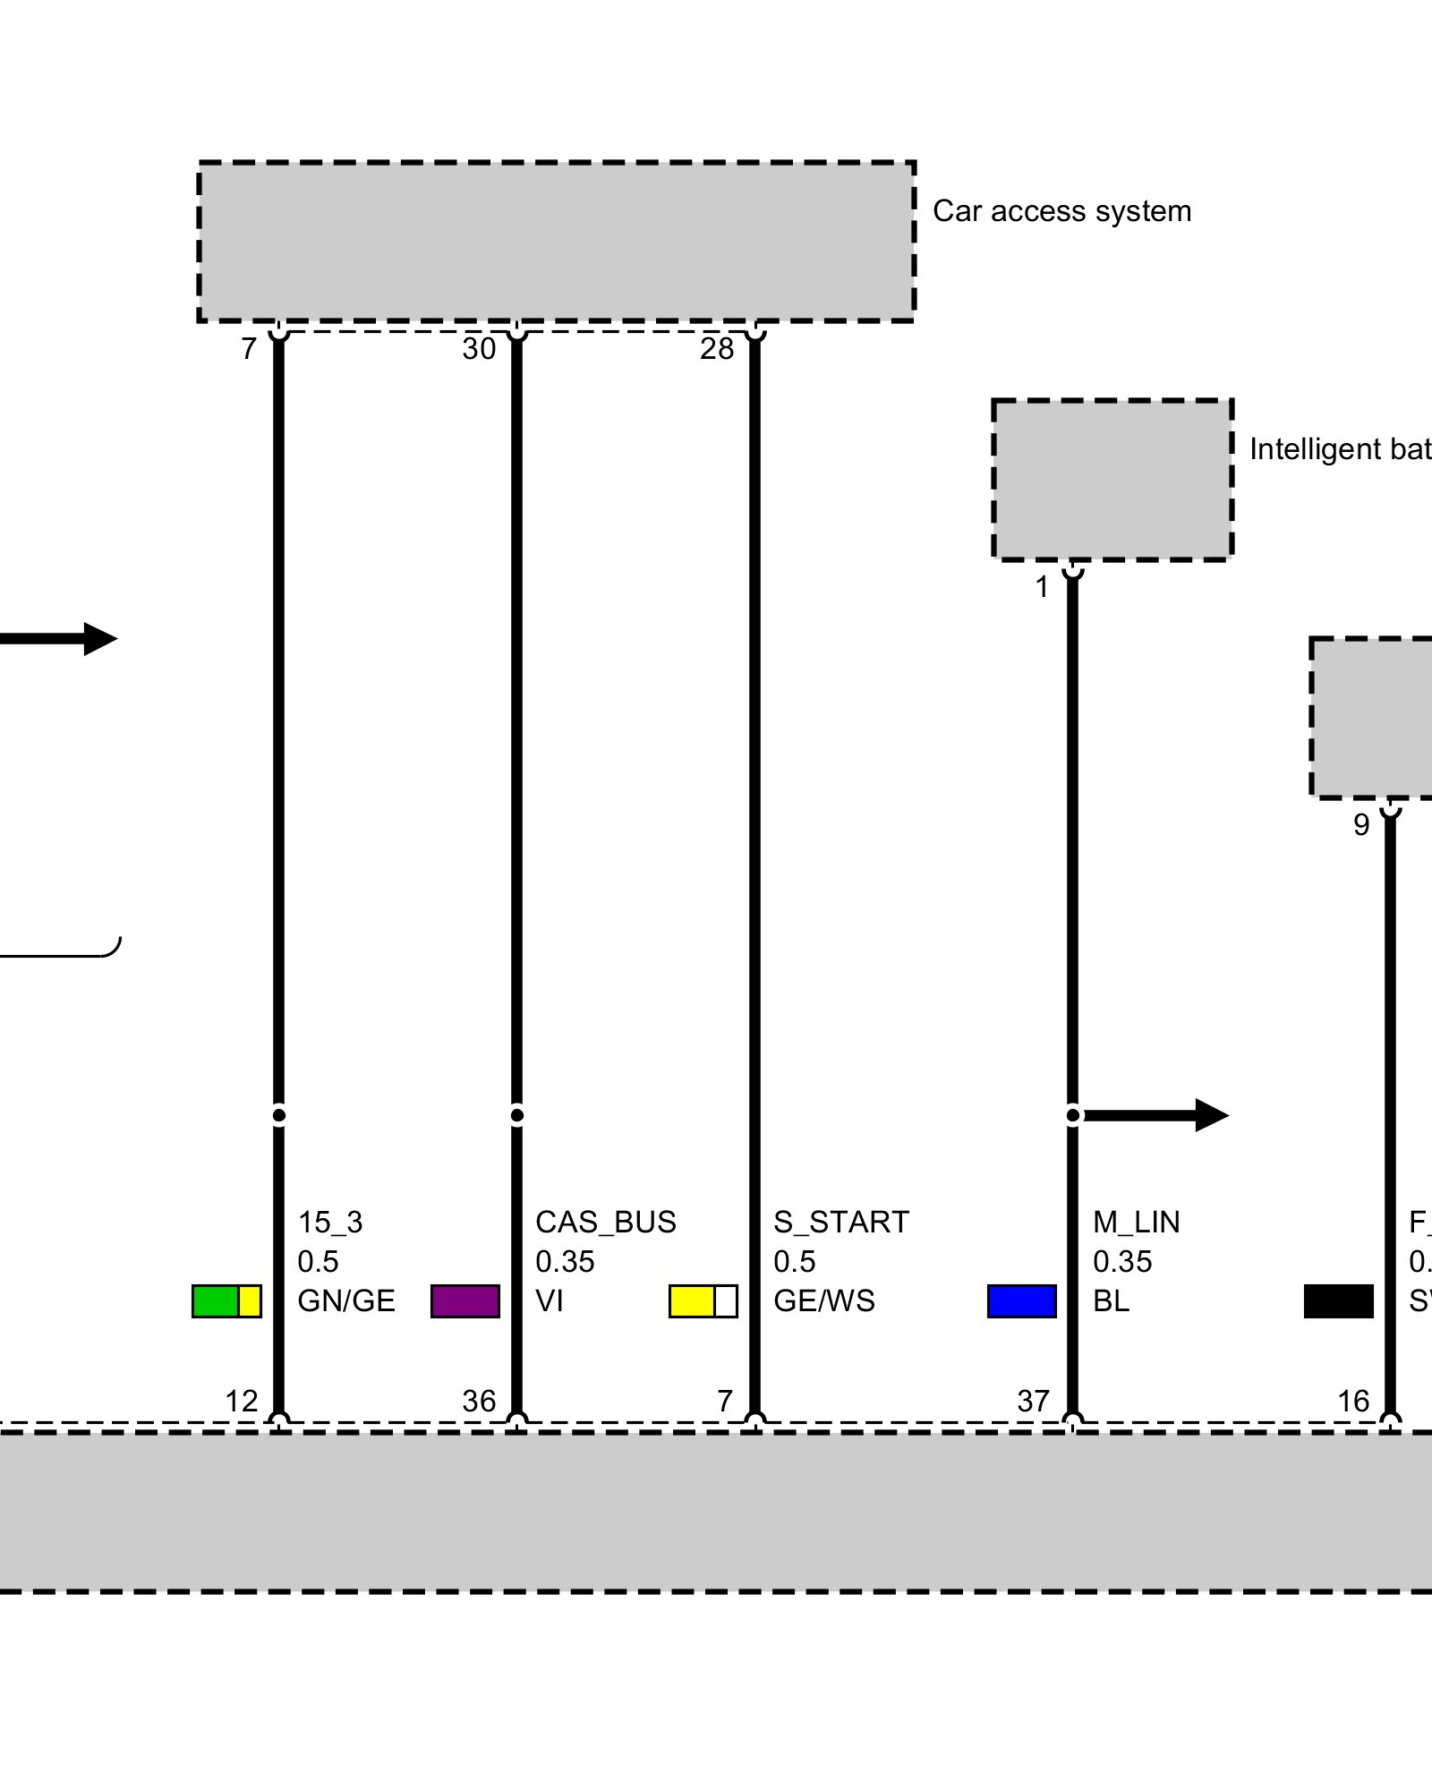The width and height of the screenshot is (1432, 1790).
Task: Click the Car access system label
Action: coord(1061,211)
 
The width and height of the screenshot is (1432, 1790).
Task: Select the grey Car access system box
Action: coord(556,242)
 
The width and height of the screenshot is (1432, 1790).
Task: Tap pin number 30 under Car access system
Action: coord(479,349)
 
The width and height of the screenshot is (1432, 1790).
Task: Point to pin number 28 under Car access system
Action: coord(717,349)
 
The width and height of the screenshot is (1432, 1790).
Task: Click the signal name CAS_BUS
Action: coord(605,1222)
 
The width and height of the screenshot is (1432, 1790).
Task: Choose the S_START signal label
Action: coord(840,1222)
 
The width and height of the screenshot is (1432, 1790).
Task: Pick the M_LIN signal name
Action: coord(1136,1222)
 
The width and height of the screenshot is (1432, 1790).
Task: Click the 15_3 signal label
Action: coord(330,1222)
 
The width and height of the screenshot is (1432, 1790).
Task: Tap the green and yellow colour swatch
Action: coord(226,1300)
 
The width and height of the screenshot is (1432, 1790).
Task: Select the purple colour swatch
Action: coord(465,1300)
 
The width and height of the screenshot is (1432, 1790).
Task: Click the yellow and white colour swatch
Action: coord(703,1300)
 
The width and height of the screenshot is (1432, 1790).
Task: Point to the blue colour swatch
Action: coord(1022,1300)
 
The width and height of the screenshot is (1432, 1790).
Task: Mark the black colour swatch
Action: coord(1338,1300)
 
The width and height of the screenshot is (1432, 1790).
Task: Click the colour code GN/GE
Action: coord(346,1300)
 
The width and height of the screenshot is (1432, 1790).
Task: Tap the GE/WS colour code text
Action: coord(823,1300)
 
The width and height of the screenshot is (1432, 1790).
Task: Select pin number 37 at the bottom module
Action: coord(1033,1401)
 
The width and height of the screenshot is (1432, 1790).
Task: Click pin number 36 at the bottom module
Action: coord(479,1401)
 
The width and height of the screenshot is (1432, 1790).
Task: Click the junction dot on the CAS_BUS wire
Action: coord(516,1115)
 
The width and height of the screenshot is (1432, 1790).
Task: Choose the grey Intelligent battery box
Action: coord(1112,480)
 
